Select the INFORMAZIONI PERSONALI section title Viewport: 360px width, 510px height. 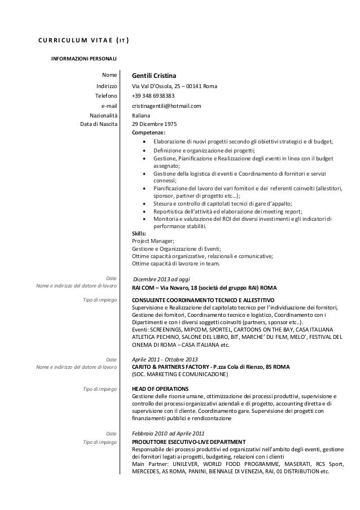coord(85,58)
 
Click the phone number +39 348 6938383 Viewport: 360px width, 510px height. coord(153,95)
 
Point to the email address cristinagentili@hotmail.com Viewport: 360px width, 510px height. coord(166,105)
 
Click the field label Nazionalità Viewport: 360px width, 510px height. coord(101,115)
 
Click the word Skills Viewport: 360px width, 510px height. coord(139,233)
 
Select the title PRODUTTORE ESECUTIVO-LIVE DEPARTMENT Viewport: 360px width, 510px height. coord(188,441)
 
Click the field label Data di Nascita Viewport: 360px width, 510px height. coord(99,124)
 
